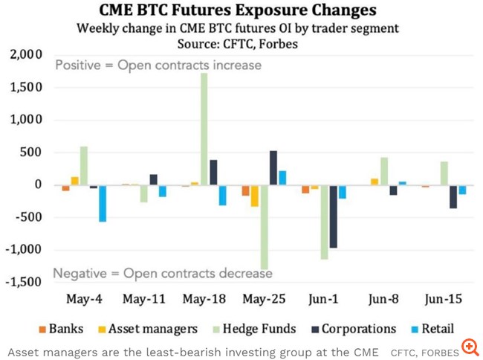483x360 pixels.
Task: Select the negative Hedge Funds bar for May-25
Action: (x=264, y=227)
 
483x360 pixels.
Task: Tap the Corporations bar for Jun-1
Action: (x=334, y=216)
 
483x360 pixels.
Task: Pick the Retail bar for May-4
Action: (x=103, y=203)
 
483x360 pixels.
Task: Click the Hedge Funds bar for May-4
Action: (x=84, y=165)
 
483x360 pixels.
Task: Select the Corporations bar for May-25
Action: (x=273, y=167)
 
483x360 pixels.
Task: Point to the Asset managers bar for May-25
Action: (x=255, y=196)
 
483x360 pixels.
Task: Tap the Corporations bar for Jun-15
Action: (x=453, y=196)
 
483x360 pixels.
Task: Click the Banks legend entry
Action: (x=67, y=328)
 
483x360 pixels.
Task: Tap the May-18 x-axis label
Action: (x=204, y=300)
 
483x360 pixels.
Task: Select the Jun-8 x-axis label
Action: (x=384, y=300)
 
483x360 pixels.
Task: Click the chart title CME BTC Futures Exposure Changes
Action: (x=239, y=10)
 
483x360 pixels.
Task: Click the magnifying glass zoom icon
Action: (x=470, y=347)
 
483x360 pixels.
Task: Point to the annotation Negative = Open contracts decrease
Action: (x=158, y=273)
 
